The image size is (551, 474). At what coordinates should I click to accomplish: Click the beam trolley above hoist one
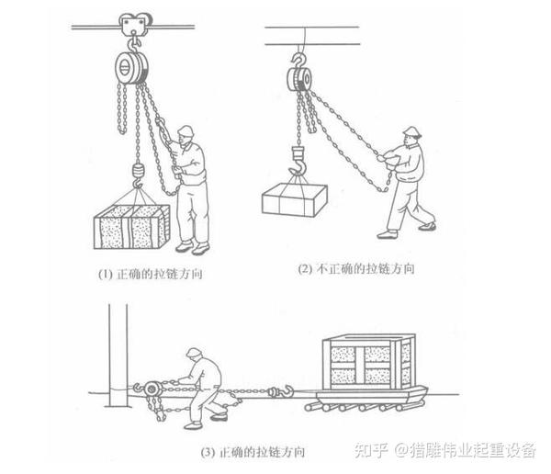pos(136,24)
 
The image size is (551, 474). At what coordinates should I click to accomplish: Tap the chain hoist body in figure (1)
pos(131,68)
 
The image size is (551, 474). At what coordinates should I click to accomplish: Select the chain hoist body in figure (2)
pos(299,79)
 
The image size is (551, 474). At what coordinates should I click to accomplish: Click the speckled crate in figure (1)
pos(131,227)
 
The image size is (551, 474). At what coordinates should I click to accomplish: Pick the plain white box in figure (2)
pos(295,199)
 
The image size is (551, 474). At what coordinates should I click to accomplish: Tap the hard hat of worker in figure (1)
pos(186,131)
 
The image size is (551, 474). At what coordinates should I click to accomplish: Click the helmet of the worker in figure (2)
pos(412,131)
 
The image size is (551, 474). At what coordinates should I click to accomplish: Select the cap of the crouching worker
pos(194,352)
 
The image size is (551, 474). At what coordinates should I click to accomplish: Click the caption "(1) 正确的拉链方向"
pos(151,274)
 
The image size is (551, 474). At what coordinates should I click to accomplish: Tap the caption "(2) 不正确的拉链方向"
pos(356,269)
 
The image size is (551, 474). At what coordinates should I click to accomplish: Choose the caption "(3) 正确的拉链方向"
pos(253,452)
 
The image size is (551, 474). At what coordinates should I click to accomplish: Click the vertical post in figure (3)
pos(118,355)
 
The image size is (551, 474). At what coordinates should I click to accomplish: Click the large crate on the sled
pos(369,362)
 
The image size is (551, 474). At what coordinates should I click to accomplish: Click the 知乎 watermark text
pos(371,450)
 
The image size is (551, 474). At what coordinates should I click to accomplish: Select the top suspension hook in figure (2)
pos(298,60)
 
